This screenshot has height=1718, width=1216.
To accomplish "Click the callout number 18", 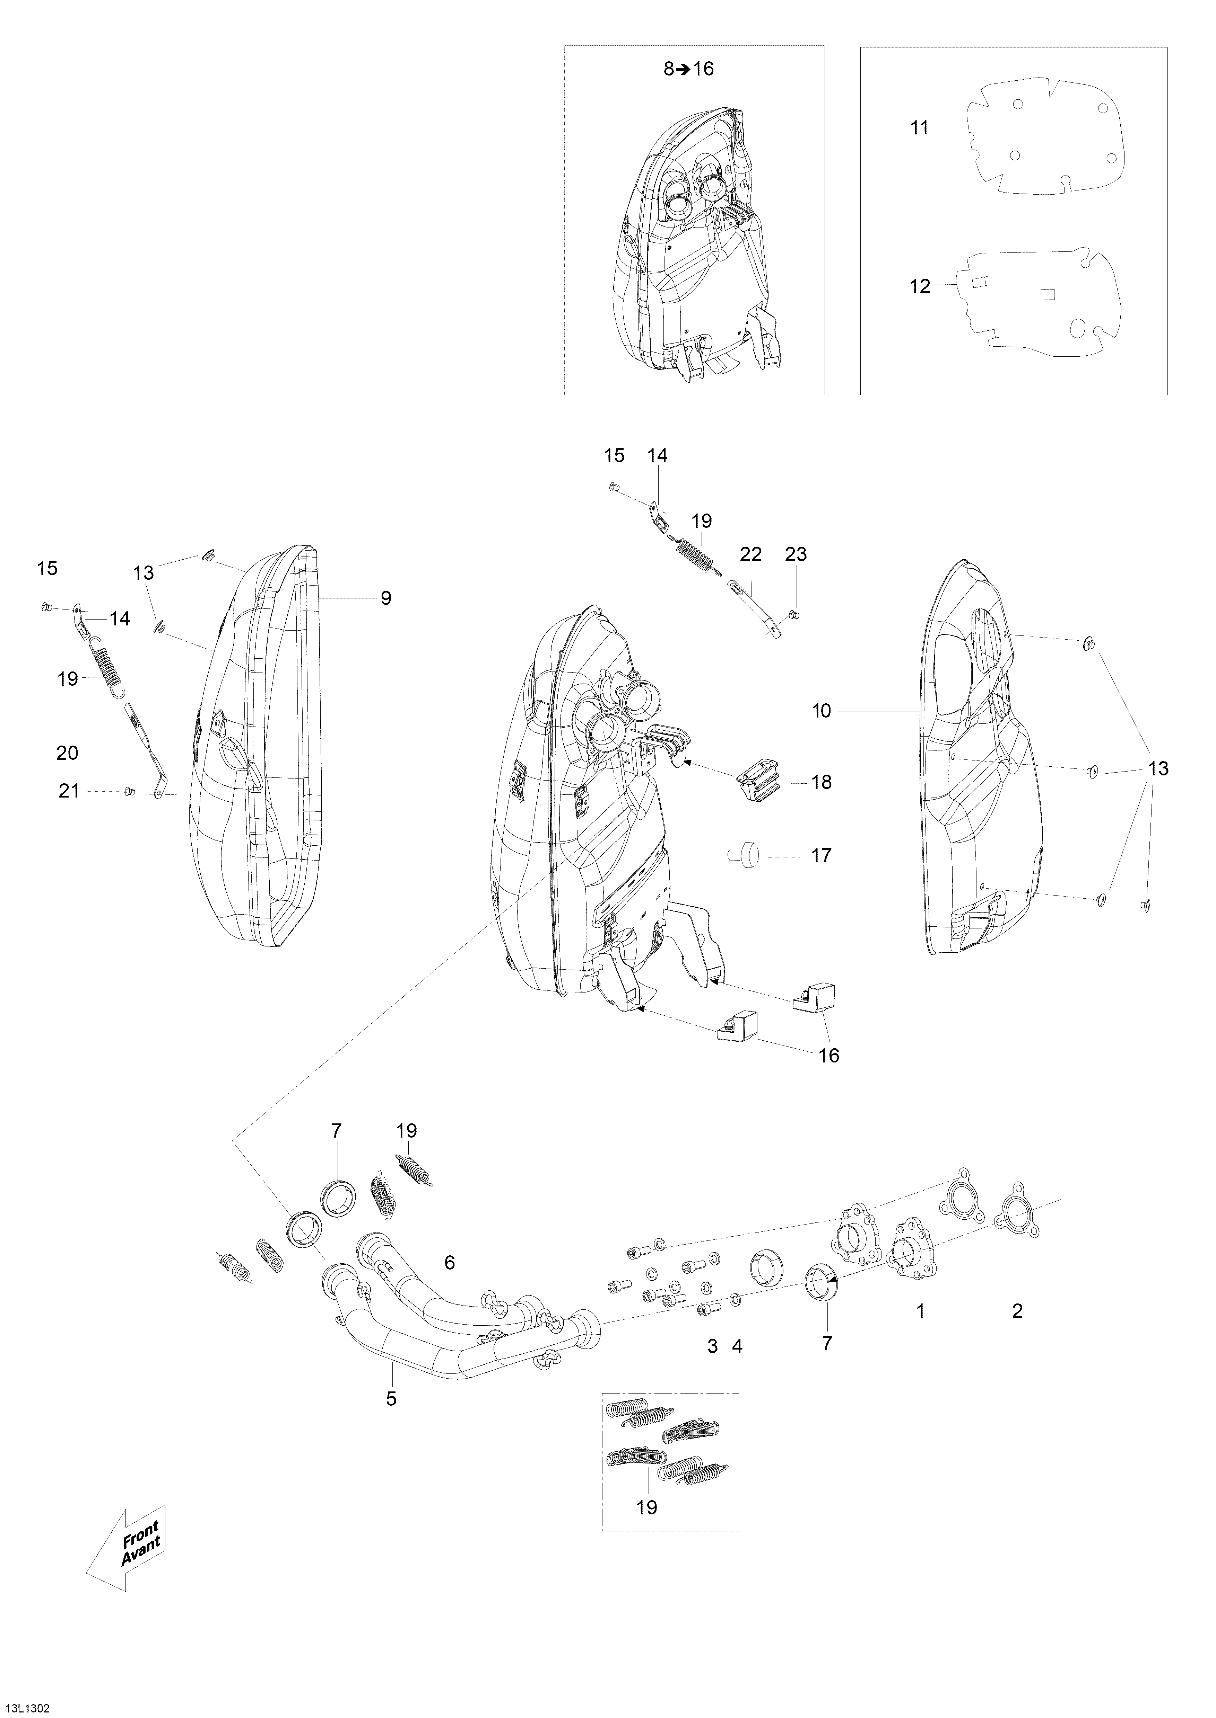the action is click(x=822, y=782).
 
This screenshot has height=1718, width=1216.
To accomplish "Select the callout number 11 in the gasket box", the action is click(x=920, y=129).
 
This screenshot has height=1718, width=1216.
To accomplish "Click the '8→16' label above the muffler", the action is click(x=689, y=69).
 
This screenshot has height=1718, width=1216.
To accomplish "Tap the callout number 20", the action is click(x=67, y=753).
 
